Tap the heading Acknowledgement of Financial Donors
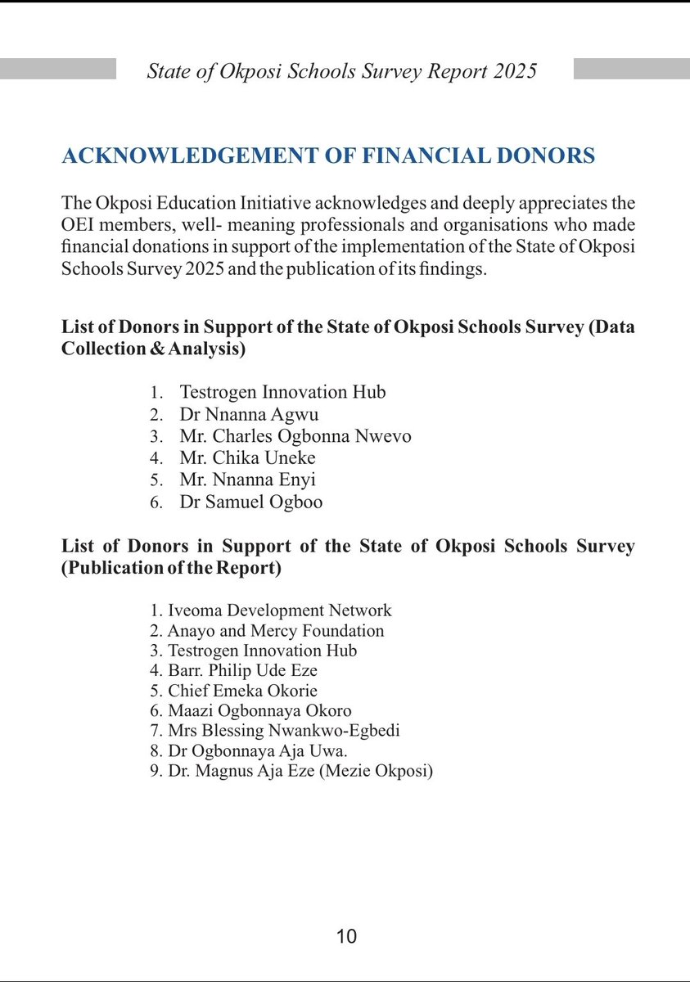tap(328, 156)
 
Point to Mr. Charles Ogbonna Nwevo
tap(295, 436)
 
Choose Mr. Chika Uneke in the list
tap(247, 458)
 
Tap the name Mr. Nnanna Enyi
tap(247, 480)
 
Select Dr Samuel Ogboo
tap(250, 502)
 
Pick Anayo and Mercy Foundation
tap(275, 631)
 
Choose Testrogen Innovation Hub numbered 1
tap(282, 392)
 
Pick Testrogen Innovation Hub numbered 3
tap(262, 651)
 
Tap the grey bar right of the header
tap(631, 69)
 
